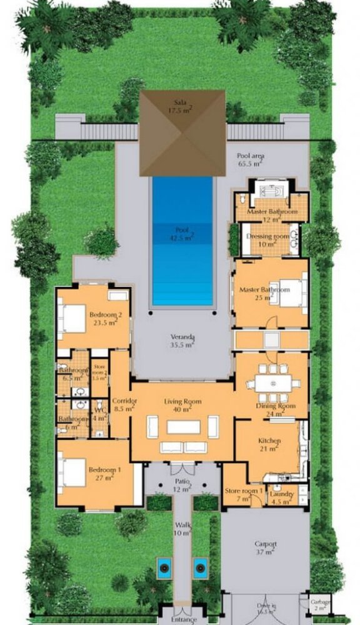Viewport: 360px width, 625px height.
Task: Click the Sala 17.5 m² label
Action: [182, 105]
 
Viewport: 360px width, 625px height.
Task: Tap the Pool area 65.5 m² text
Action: [248, 161]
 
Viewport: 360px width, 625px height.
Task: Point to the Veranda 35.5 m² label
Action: [182, 339]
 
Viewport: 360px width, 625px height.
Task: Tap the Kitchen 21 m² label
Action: [269, 444]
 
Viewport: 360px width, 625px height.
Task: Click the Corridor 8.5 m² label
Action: [121, 404]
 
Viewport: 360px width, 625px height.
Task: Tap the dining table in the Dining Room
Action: [271, 383]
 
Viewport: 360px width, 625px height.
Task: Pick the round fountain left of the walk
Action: [164, 568]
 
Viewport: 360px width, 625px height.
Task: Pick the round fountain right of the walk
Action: [200, 568]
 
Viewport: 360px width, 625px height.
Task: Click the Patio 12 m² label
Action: [182, 486]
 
